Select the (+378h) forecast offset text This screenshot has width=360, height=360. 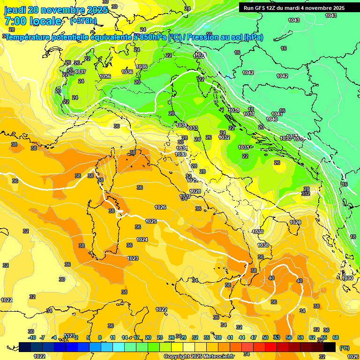pyautogui.click(x=84, y=21)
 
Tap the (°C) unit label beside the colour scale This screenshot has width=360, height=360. pyautogui.click(x=345, y=348)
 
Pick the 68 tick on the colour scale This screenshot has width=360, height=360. pyautogui.click(x=336, y=337)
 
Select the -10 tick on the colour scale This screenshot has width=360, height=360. pyautogui.click(x=32, y=337)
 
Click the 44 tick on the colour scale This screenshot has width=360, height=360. pyautogui.click(x=242, y=337)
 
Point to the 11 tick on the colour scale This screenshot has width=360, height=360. pyautogui.click(x=112, y=337)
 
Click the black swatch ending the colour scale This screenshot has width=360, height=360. pyautogui.click(x=330, y=347)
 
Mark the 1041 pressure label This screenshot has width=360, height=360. pyautogui.click(x=277, y=114)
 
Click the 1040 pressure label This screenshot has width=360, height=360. pyautogui.click(x=272, y=119)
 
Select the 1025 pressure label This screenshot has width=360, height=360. pyautogui.click(x=151, y=221)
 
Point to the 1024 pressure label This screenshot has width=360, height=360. pyautogui.click(x=142, y=240)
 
